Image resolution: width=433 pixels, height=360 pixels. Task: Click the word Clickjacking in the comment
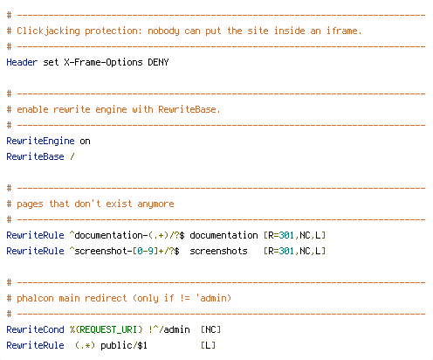(48, 31)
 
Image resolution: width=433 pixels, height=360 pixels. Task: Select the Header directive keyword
(22, 62)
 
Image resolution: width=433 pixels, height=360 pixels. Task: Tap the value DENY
(158, 62)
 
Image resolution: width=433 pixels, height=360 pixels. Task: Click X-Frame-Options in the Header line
(103, 62)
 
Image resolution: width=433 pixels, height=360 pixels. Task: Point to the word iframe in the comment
(341, 31)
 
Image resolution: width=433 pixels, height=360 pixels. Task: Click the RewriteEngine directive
(40, 141)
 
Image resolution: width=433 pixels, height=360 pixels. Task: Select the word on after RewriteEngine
(85, 142)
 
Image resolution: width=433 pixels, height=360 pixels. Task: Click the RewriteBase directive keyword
(35, 156)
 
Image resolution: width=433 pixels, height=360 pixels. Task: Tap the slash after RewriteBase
(72, 156)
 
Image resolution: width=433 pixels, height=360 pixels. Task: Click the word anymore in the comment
(155, 204)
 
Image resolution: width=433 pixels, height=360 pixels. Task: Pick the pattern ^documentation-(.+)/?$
(127, 235)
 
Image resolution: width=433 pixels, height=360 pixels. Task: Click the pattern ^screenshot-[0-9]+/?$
(125, 251)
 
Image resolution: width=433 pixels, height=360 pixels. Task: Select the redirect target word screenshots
(218, 251)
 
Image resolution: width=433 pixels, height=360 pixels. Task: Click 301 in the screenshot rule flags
(286, 251)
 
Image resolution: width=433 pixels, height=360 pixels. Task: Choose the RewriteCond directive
(35, 329)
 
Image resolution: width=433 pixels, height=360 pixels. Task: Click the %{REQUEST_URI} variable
(107, 329)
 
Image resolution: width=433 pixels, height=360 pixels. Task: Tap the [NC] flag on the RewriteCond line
(211, 329)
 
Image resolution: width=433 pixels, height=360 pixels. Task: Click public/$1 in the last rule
(124, 345)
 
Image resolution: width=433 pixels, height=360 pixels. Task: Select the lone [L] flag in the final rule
(208, 345)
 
